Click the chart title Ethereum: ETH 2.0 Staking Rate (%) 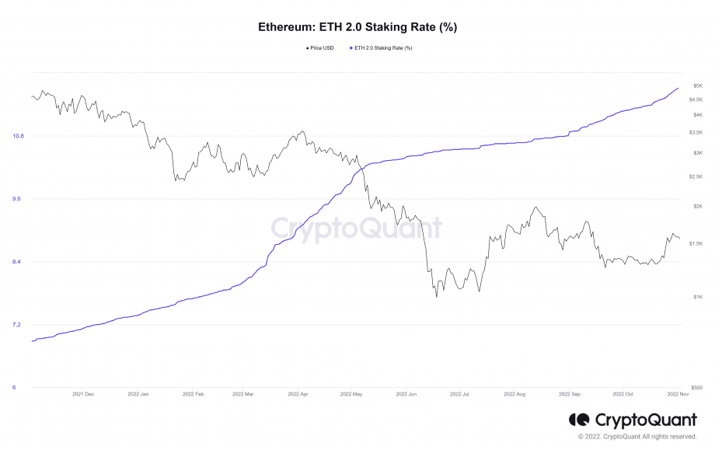tap(357, 26)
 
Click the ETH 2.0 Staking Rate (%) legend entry tap(382, 48)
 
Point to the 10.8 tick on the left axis tap(18, 136)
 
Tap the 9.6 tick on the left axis tap(18, 199)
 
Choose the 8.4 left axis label tap(18, 262)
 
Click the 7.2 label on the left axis tap(18, 325)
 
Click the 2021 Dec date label tap(83, 394)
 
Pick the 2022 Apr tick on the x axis tap(298, 394)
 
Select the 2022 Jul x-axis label tap(459, 394)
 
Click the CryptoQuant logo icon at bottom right tap(578, 420)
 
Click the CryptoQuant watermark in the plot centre tap(357, 228)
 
